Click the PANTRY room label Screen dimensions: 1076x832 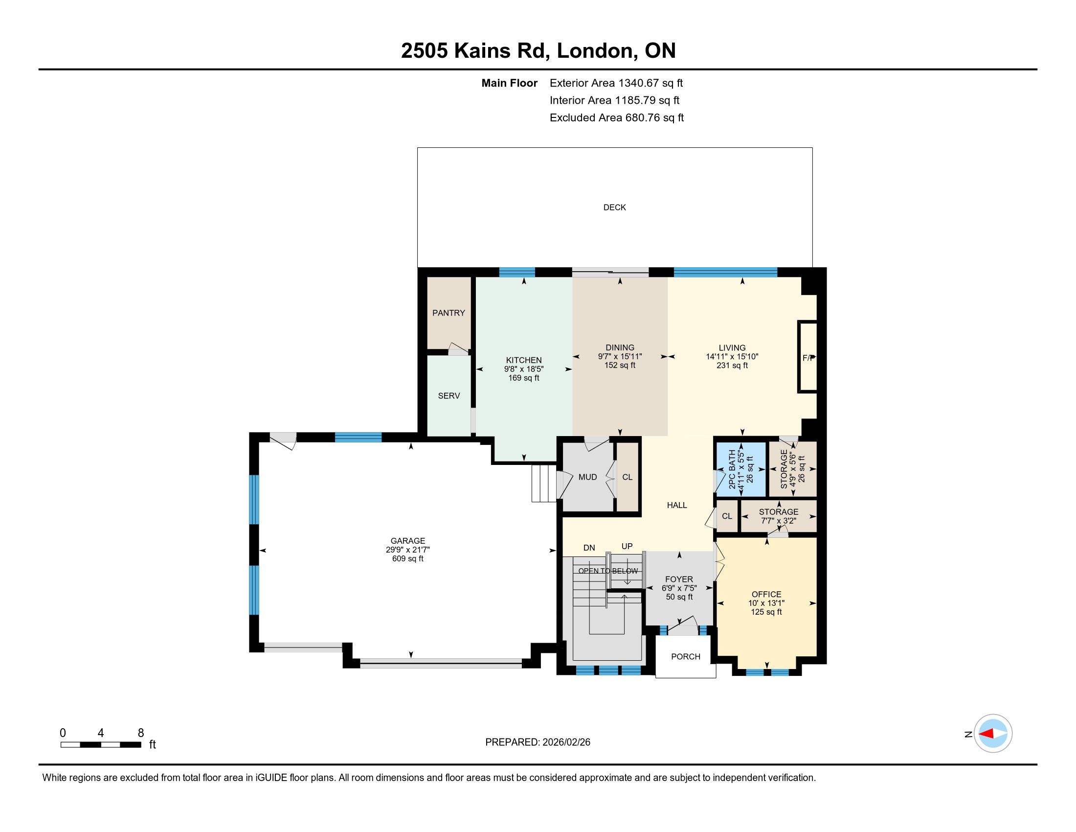point(448,313)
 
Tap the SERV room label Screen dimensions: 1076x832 point(449,396)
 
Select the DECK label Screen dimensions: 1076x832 point(614,208)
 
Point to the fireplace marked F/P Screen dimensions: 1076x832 point(807,357)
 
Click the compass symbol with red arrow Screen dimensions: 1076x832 point(993,734)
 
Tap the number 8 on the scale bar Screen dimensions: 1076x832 point(141,733)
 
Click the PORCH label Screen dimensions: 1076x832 point(685,656)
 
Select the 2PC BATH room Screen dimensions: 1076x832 point(740,469)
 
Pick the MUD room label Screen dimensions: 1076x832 point(587,477)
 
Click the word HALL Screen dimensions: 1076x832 point(677,505)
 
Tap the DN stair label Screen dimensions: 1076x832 point(589,548)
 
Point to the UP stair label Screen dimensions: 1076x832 point(627,546)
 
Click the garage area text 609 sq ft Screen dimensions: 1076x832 point(407,558)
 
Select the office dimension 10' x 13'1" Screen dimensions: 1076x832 point(766,603)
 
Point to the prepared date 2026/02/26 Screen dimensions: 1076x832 point(566,742)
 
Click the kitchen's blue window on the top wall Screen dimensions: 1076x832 point(517,272)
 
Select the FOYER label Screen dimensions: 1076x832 point(679,579)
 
